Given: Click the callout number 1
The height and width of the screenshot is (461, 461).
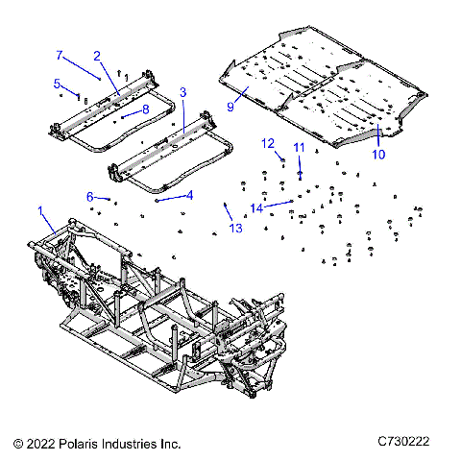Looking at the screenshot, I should [x=40, y=209].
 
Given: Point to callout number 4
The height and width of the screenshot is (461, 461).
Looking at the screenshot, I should [x=189, y=195].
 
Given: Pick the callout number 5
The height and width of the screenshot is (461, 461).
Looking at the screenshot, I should [x=57, y=83].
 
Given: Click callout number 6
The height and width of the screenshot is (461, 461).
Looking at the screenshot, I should [x=90, y=196].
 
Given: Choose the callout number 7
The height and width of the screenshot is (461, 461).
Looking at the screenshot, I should [x=59, y=55].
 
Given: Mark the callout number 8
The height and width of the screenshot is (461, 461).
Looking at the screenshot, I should [x=145, y=109].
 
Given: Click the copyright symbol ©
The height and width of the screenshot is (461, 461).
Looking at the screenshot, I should [x=18, y=444].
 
